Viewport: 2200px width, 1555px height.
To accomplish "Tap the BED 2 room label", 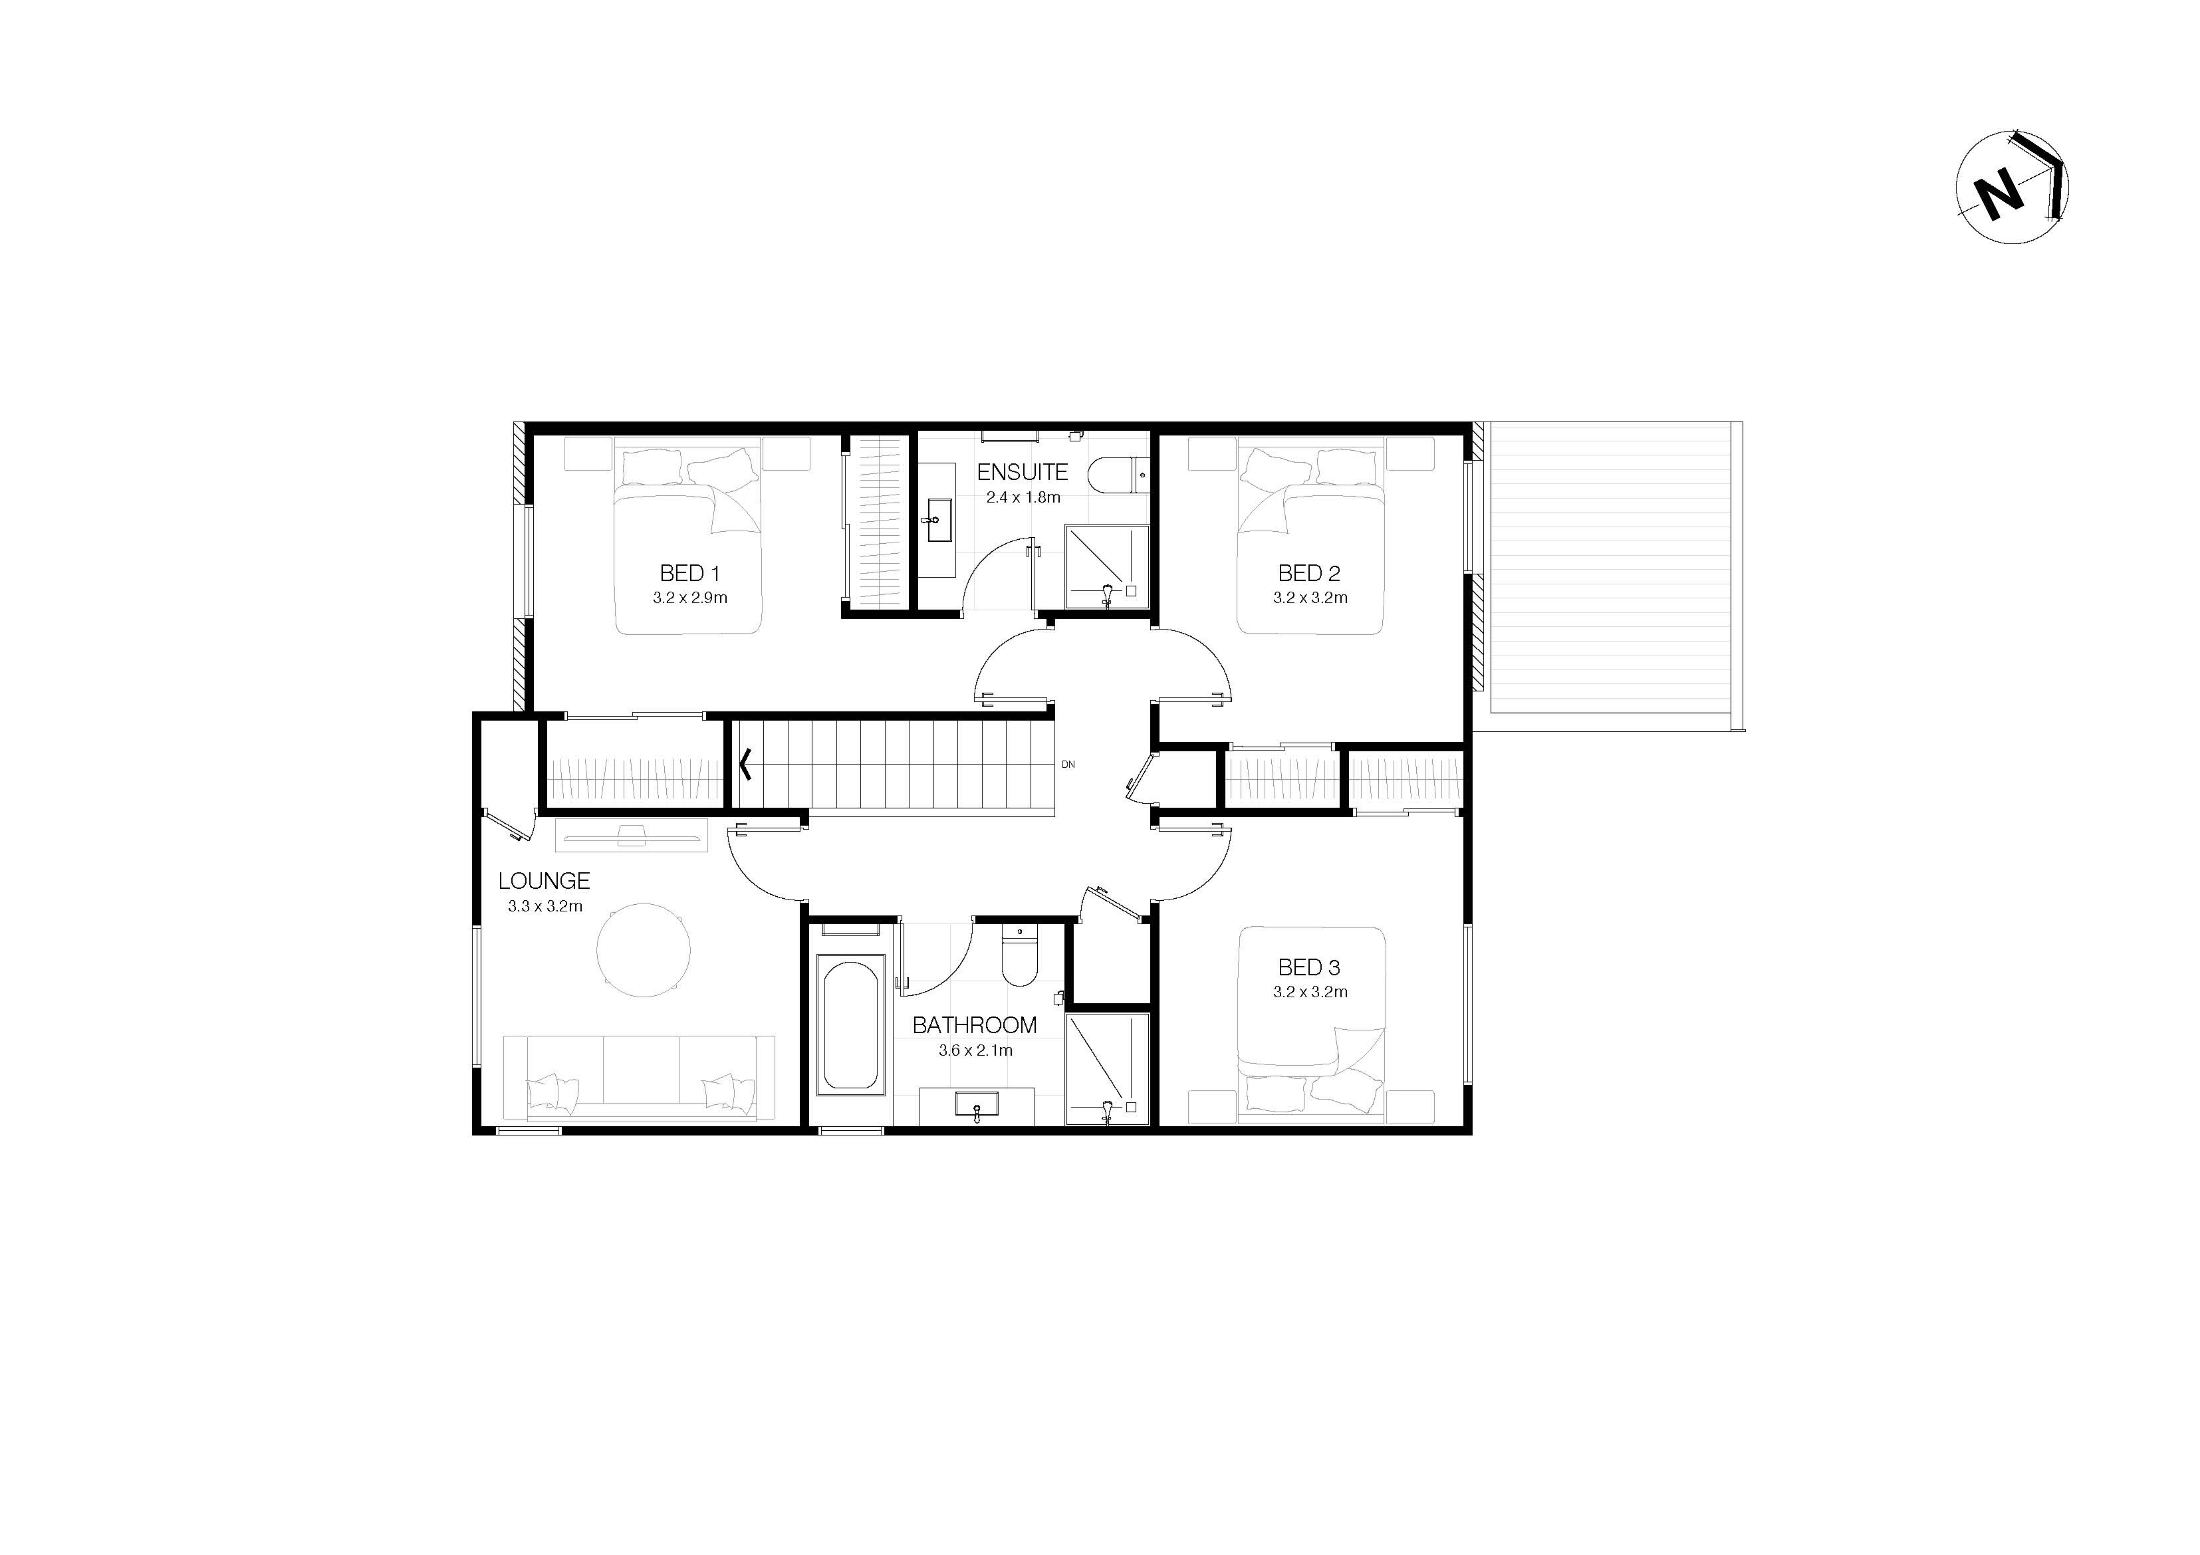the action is [1309, 573].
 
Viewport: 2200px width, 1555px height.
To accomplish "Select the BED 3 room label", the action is [1309, 968].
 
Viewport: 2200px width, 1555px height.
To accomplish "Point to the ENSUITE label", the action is [1023, 471].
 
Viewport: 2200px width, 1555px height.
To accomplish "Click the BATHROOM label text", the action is [975, 1025].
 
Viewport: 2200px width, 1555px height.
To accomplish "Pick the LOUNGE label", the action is [545, 880].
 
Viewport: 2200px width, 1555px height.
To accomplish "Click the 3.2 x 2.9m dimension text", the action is [690, 598].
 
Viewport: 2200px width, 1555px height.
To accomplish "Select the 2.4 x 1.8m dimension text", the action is [1023, 497].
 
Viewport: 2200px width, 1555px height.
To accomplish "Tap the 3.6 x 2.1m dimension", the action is [975, 1050].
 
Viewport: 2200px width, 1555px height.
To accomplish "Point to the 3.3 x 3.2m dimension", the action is [545, 905].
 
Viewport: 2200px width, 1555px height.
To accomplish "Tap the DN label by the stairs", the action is [1068, 765].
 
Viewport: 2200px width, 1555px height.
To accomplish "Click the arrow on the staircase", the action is [745, 764].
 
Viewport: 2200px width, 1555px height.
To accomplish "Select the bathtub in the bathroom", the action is [849, 1024].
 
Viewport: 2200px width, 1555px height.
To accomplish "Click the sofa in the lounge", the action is [640, 1078].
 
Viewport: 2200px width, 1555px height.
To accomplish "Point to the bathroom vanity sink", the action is [977, 1107].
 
